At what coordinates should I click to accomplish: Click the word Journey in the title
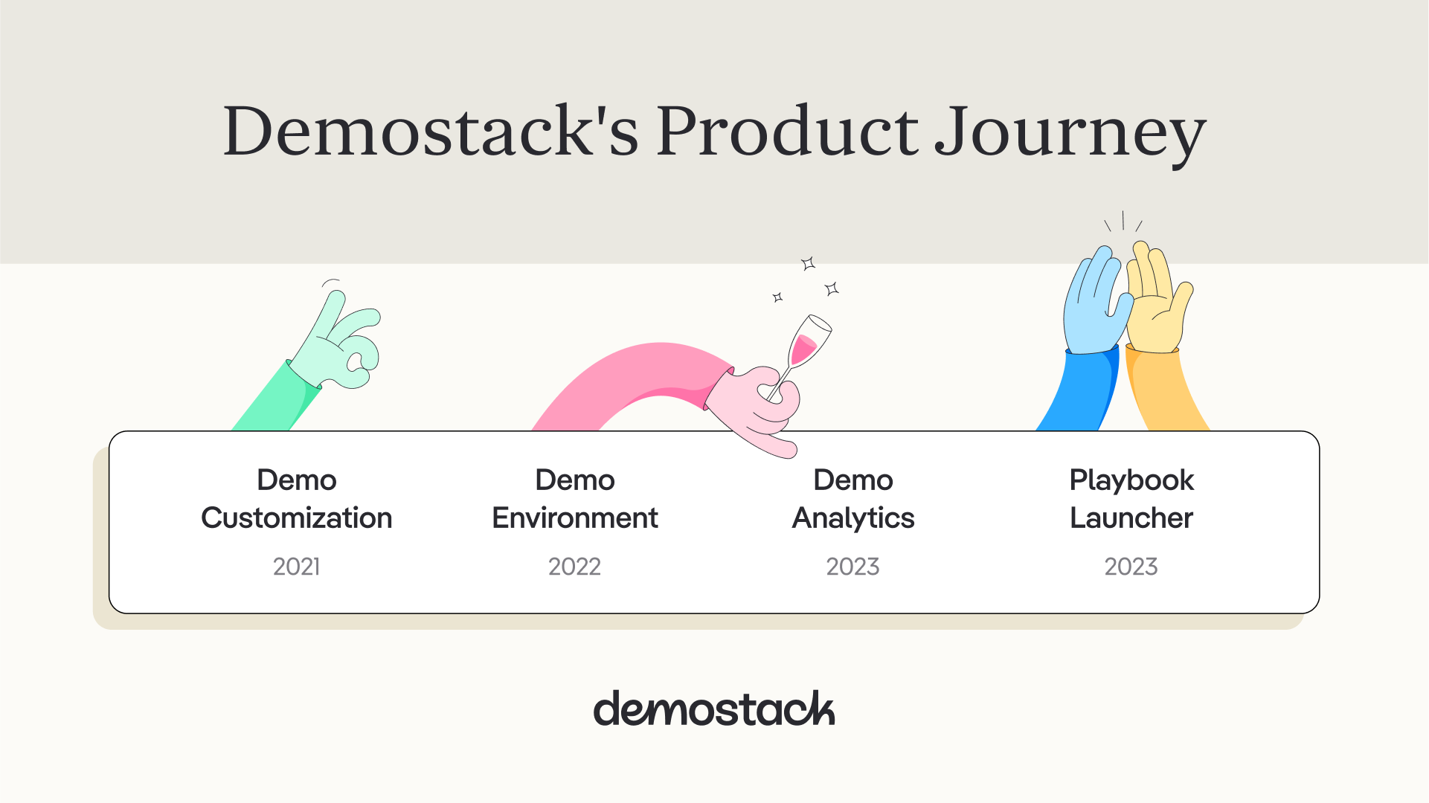click(x=1070, y=135)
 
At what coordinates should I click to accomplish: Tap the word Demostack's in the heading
click(x=431, y=130)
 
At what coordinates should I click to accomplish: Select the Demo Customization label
click(x=297, y=499)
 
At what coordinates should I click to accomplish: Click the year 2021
click(x=297, y=567)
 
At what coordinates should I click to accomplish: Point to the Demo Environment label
click(x=575, y=499)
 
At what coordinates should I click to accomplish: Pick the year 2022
click(x=575, y=567)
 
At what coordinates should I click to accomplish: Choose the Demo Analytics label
click(x=853, y=499)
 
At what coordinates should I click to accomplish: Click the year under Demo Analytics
click(x=853, y=567)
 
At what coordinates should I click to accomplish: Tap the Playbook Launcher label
click(x=1131, y=499)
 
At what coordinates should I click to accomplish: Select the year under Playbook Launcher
click(x=1131, y=567)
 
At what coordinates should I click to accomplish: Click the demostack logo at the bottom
click(x=714, y=709)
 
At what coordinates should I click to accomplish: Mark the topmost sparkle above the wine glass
click(x=809, y=263)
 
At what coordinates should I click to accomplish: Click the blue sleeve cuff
click(x=1092, y=351)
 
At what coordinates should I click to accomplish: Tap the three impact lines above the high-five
click(x=1123, y=222)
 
